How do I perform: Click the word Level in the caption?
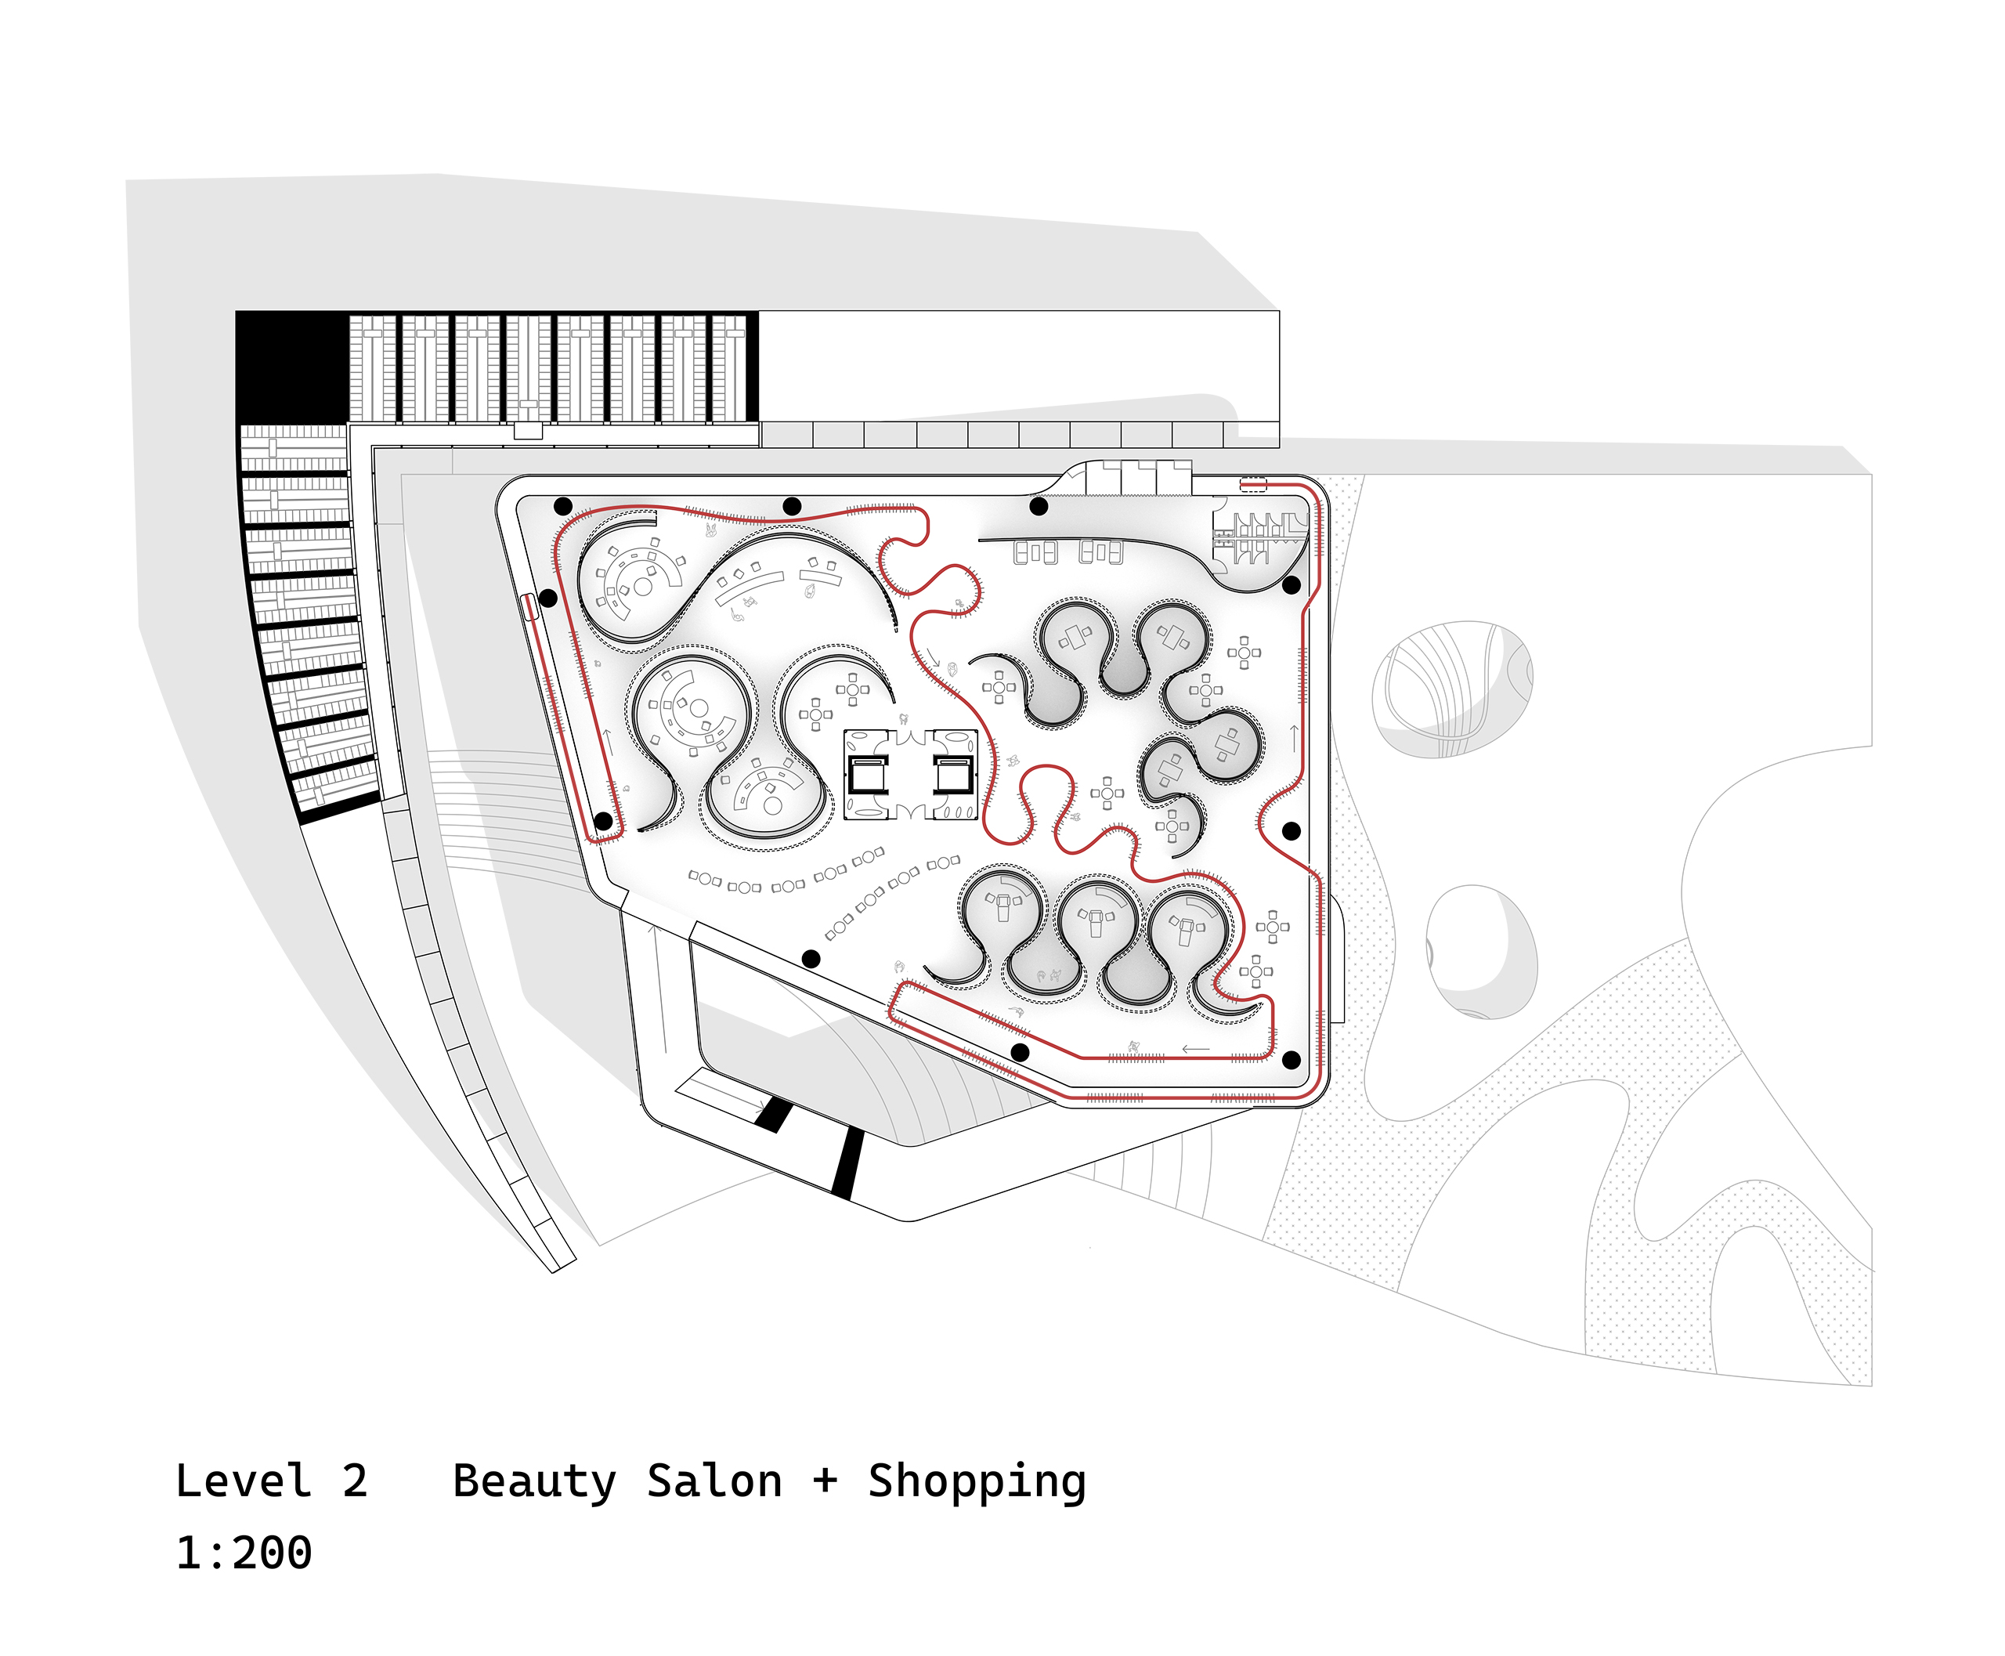(x=244, y=1481)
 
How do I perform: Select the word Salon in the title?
(x=714, y=1481)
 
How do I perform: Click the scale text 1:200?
(x=244, y=1553)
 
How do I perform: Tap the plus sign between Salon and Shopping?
(x=825, y=1481)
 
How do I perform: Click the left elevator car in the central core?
(x=868, y=775)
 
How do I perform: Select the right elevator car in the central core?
(x=952, y=775)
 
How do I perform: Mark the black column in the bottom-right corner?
(x=1292, y=1060)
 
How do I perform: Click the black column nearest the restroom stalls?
(x=1292, y=584)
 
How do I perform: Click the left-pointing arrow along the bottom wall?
(x=1195, y=1050)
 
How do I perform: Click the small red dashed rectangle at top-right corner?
(x=1253, y=486)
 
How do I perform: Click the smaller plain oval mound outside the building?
(x=1481, y=951)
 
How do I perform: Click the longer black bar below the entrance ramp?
(x=845, y=1162)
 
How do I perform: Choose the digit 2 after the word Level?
(x=355, y=1481)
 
